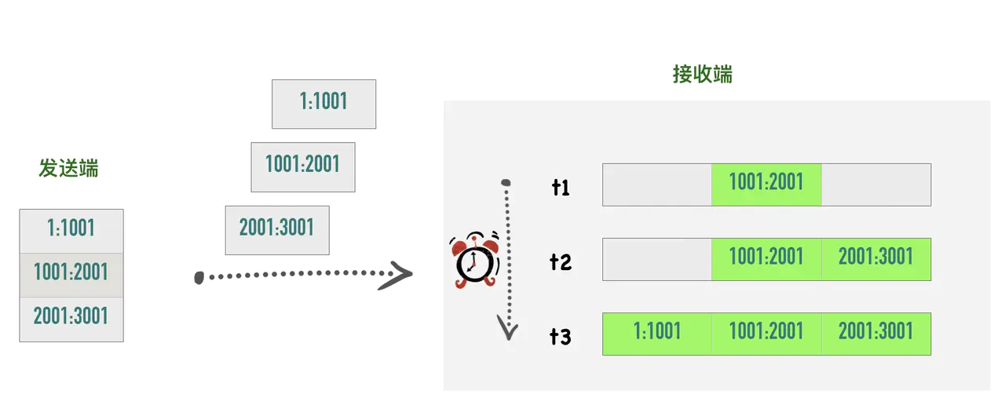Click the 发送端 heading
pyautogui.click(x=69, y=168)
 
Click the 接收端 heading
pyautogui.click(x=703, y=75)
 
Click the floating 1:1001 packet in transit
pyautogui.click(x=323, y=103)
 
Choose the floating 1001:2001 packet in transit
pyautogui.click(x=302, y=166)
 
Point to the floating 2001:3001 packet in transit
pyautogui.click(x=276, y=229)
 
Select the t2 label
pyautogui.click(x=561, y=261)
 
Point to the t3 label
pyautogui.click(x=561, y=336)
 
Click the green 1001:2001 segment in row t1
pyautogui.click(x=766, y=184)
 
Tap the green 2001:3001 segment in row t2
pyautogui.click(x=875, y=259)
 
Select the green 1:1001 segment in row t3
pyautogui.click(x=657, y=334)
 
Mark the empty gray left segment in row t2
pyautogui.click(x=657, y=259)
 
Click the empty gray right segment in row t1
pyautogui.click(x=875, y=184)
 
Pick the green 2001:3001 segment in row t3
pyautogui.click(x=875, y=334)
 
